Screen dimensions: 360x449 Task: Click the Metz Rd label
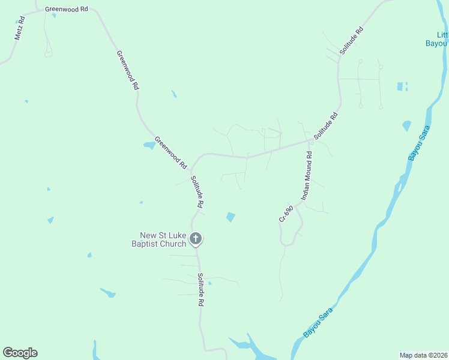[20, 29]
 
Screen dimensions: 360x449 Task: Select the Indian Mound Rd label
[307, 176]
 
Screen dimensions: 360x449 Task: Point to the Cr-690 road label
[286, 214]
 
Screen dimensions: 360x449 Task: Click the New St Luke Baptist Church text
[163, 239]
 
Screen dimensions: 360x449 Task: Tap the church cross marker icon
[195, 238]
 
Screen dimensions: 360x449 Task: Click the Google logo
[20, 353]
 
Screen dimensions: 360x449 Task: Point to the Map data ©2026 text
[424, 355]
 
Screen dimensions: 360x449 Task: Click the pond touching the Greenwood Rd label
[148, 145]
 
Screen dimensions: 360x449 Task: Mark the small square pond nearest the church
[231, 217]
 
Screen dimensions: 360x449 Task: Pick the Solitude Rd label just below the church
[200, 290]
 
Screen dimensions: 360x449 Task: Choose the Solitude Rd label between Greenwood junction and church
[196, 192]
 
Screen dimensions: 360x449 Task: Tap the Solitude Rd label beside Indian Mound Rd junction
[327, 126]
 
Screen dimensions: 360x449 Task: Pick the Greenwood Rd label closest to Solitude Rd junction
[172, 152]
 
